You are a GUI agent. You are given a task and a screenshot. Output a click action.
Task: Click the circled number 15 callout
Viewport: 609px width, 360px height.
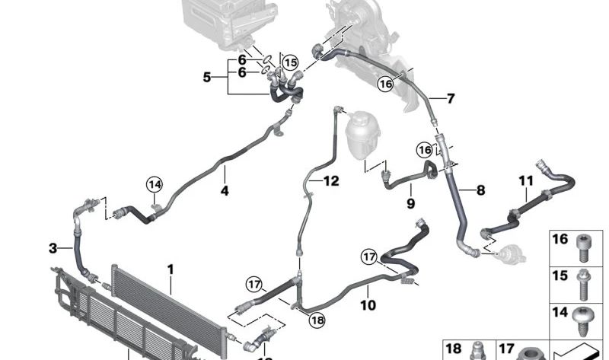pos(290,62)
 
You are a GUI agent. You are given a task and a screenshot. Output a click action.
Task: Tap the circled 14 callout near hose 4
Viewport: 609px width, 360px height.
pos(155,184)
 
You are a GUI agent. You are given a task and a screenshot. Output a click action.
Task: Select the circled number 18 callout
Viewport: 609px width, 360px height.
pos(317,320)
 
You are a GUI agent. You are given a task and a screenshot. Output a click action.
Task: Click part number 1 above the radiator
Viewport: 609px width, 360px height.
pos(170,269)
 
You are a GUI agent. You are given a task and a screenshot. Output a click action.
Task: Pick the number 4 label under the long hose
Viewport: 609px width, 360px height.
pos(225,191)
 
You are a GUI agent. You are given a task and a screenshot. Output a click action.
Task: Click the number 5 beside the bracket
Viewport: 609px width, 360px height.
pos(207,78)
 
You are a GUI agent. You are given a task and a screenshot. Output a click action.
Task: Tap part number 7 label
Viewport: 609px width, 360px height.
pos(451,98)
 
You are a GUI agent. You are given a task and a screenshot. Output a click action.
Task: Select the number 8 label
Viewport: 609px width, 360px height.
pos(481,190)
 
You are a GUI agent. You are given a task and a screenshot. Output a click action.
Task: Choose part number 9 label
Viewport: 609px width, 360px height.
pos(411,202)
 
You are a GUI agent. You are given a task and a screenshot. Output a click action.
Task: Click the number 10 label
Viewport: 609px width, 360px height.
pos(368,305)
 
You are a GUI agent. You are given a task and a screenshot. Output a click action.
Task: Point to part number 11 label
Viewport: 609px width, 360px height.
pos(526,180)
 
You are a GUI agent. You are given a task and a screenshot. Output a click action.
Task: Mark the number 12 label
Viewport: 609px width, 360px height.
pos(331,180)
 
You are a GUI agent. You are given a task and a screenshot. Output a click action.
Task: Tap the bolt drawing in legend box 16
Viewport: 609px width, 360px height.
pos(582,248)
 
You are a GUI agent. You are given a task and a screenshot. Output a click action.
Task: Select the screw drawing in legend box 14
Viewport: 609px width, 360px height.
pos(582,321)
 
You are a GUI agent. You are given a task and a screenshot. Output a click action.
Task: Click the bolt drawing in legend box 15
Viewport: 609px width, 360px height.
pos(582,285)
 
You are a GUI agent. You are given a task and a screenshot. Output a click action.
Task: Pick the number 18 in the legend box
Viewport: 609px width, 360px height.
pos(453,349)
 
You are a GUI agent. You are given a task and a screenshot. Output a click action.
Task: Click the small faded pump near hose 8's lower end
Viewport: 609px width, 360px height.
pos(510,253)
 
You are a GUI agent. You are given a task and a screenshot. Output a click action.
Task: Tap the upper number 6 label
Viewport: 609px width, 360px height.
pos(242,60)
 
